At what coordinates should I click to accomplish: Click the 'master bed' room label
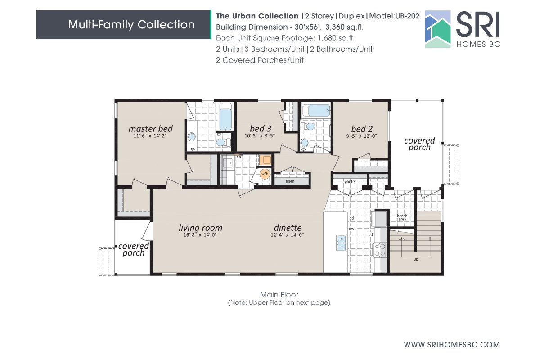point(150,129)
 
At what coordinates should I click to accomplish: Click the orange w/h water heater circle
point(265,174)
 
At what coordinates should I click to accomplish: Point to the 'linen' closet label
point(290,181)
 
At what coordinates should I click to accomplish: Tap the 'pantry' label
point(350,182)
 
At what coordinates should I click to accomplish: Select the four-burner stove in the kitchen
point(380,250)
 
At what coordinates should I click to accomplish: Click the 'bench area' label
point(402,218)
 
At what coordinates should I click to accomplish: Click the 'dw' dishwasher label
point(351,229)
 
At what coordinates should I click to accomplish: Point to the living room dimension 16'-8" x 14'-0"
point(200,235)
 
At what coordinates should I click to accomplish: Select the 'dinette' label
point(288,228)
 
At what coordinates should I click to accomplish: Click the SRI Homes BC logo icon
point(438,29)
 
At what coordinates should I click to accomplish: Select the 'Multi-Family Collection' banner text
point(131,24)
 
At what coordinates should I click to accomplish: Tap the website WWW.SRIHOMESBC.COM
point(452,345)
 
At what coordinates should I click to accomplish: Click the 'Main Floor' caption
point(279,295)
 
